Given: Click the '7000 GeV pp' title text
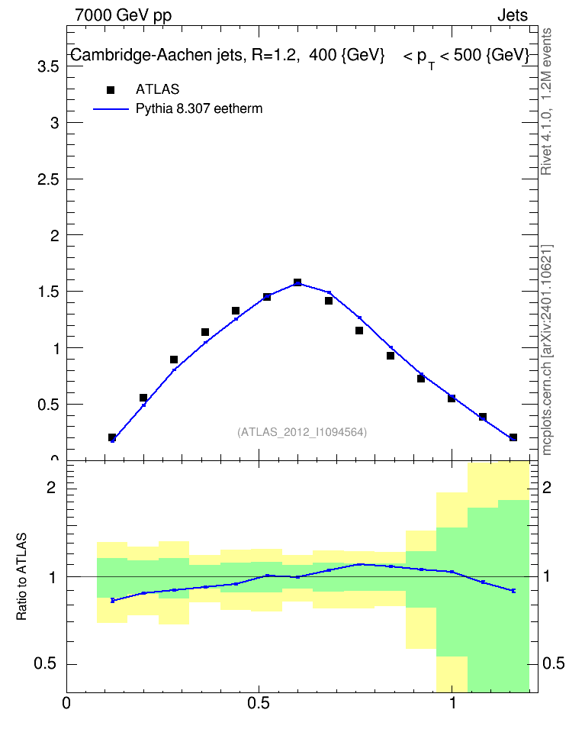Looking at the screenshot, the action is point(123,15).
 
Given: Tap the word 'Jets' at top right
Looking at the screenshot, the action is point(513,15).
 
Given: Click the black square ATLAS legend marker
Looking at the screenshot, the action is point(111,90).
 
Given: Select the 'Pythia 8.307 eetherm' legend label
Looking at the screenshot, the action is point(198,109).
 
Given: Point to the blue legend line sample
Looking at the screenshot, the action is point(111,109).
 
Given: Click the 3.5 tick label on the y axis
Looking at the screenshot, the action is point(48,66).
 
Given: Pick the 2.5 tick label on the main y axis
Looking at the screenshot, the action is point(48,179).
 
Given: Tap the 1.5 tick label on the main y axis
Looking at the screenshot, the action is point(48,292).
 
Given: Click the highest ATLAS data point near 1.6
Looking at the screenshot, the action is point(297,282).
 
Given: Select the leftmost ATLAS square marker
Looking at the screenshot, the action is point(112,437).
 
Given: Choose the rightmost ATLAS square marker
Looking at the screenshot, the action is point(513,437).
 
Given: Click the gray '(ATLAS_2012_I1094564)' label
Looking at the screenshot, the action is point(302,432).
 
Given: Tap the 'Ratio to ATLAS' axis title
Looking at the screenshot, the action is point(21,576).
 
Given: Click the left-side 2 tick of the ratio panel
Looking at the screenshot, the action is point(51,487).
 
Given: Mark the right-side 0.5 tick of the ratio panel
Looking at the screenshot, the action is point(554,663).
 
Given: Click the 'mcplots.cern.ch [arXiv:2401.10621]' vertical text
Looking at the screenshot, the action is point(547,350).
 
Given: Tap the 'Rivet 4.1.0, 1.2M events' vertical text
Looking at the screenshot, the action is point(547,102).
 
